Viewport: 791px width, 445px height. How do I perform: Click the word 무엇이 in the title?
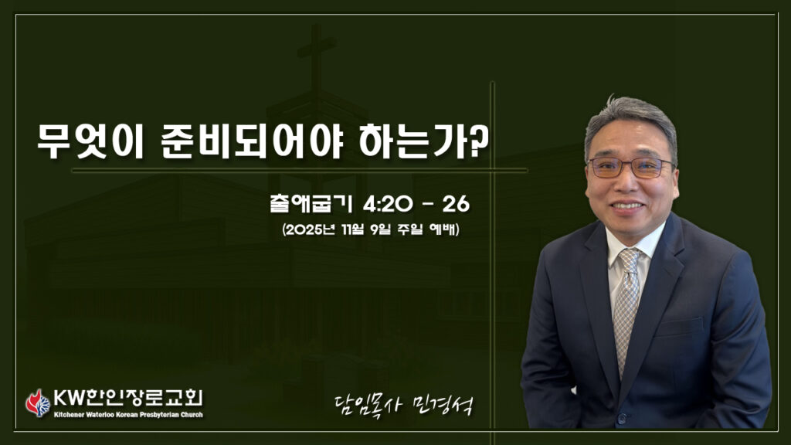click(x=91, y=141)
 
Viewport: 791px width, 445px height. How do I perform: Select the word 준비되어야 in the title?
click(x=253, y=141)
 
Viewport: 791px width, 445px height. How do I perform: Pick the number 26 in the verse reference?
click(x=456, y=204)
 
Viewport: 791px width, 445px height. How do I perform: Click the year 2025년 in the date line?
click(x=311, y=229)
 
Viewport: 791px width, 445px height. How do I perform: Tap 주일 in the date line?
click(x=409, y=229)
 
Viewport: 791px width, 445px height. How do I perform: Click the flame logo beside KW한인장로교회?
click(x=39, y=403)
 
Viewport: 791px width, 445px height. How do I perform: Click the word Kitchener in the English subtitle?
click(x=69, y=415)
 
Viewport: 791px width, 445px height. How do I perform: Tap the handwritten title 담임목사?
click(x=367, y=404)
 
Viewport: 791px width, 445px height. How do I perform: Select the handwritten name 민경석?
click(x=443, y=404)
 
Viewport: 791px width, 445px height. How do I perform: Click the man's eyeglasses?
click(x=631, y=167)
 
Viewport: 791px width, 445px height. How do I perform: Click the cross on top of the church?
click(x=316, y=56)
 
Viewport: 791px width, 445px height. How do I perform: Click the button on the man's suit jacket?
click(x=622, y=418)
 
